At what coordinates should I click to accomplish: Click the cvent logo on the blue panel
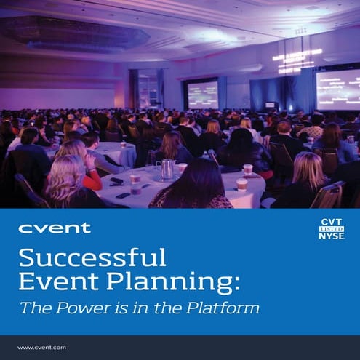pos(55,228)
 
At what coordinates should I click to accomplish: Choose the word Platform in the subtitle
pos(224,308)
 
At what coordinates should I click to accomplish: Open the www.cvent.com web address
pos(42,348)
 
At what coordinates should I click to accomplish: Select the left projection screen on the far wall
pos(203,95)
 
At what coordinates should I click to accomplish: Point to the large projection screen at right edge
pos(337,89)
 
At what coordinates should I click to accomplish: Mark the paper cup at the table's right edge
pos(241,185)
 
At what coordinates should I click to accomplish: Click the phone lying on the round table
pos(117,181)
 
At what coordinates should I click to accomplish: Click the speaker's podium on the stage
pos(270,106)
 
